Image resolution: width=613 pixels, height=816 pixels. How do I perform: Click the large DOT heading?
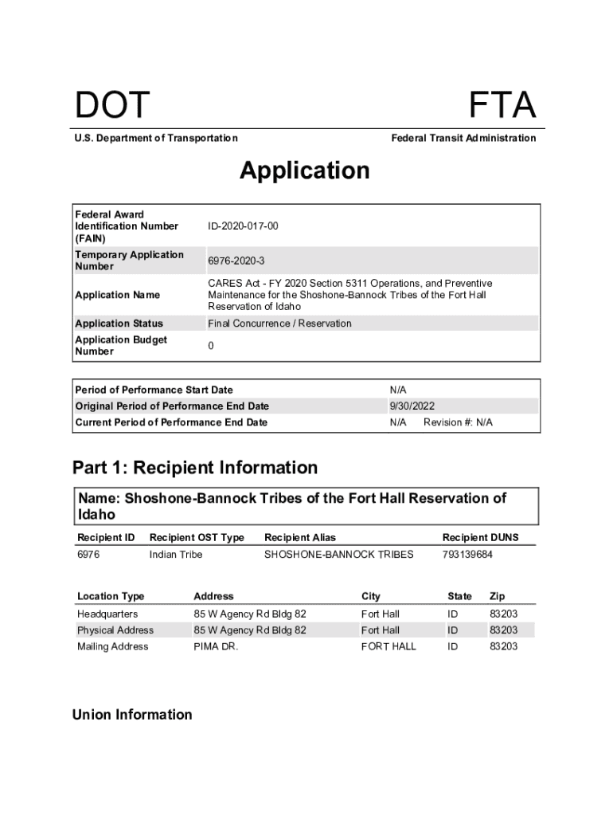tap(112, 107)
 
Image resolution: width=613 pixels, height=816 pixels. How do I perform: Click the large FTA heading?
tap(502, 107)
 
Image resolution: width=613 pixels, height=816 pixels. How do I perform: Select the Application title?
tap(305, 171)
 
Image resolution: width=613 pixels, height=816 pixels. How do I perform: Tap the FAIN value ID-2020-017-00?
tap(243, 226)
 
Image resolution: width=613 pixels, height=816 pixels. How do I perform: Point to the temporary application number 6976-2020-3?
tap(236, 261)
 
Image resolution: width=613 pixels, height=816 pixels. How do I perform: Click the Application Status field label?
tap(119, 324)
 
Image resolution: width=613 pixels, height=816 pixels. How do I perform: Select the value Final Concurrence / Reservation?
tap(279, 324)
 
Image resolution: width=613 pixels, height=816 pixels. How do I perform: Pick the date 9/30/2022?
tap(412, 406)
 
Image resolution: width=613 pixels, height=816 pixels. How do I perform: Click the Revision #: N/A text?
tap(458, 422)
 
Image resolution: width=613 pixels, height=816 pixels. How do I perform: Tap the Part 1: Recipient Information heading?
tap(195, 467)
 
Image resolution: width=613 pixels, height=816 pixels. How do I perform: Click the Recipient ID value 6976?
tap(88, 554)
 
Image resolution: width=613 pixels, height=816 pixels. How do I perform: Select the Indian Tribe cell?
tap(176, 554)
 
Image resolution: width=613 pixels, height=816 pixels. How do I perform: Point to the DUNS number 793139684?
tap(467, 554)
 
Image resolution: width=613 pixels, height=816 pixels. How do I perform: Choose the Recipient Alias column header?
tap(300, 538)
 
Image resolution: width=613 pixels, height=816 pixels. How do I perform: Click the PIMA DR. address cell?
tap(216, 646)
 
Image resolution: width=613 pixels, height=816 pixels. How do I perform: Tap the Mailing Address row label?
tap(112, 646)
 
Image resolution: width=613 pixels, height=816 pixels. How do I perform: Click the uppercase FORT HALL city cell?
tap(388, 646)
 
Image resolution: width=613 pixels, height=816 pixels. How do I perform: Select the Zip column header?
tap(497, 596)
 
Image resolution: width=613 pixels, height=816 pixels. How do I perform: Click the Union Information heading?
tap(132, 714)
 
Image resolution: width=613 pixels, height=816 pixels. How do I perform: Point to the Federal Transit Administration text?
tap(463, 138)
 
